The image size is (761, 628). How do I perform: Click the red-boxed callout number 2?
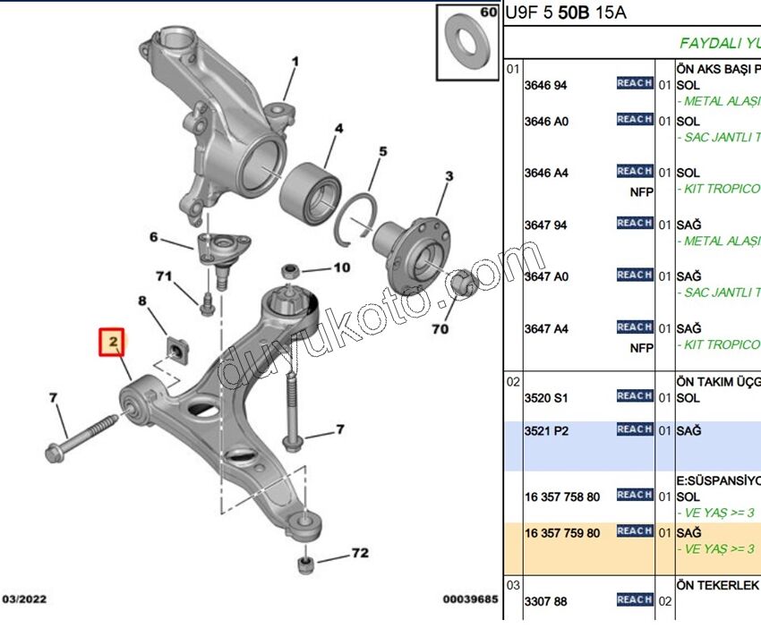coord(114,342)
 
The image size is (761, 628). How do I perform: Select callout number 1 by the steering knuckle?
coord(294,62)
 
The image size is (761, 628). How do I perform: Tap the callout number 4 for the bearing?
coord(338,130)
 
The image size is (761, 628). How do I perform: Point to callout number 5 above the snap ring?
coord(382,152)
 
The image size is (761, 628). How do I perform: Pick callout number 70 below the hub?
coord(439,329)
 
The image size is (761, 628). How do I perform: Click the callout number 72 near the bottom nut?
coord(359,553)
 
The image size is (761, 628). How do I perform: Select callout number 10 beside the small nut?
coord(342,267)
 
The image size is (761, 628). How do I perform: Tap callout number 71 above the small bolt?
coord(164,276)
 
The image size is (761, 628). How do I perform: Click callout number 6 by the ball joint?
coord(153,237)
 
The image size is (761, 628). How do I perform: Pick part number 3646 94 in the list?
coord(546,85)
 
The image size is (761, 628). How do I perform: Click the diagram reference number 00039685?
coord(470,600)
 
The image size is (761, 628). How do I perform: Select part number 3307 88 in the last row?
coord(546,601)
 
